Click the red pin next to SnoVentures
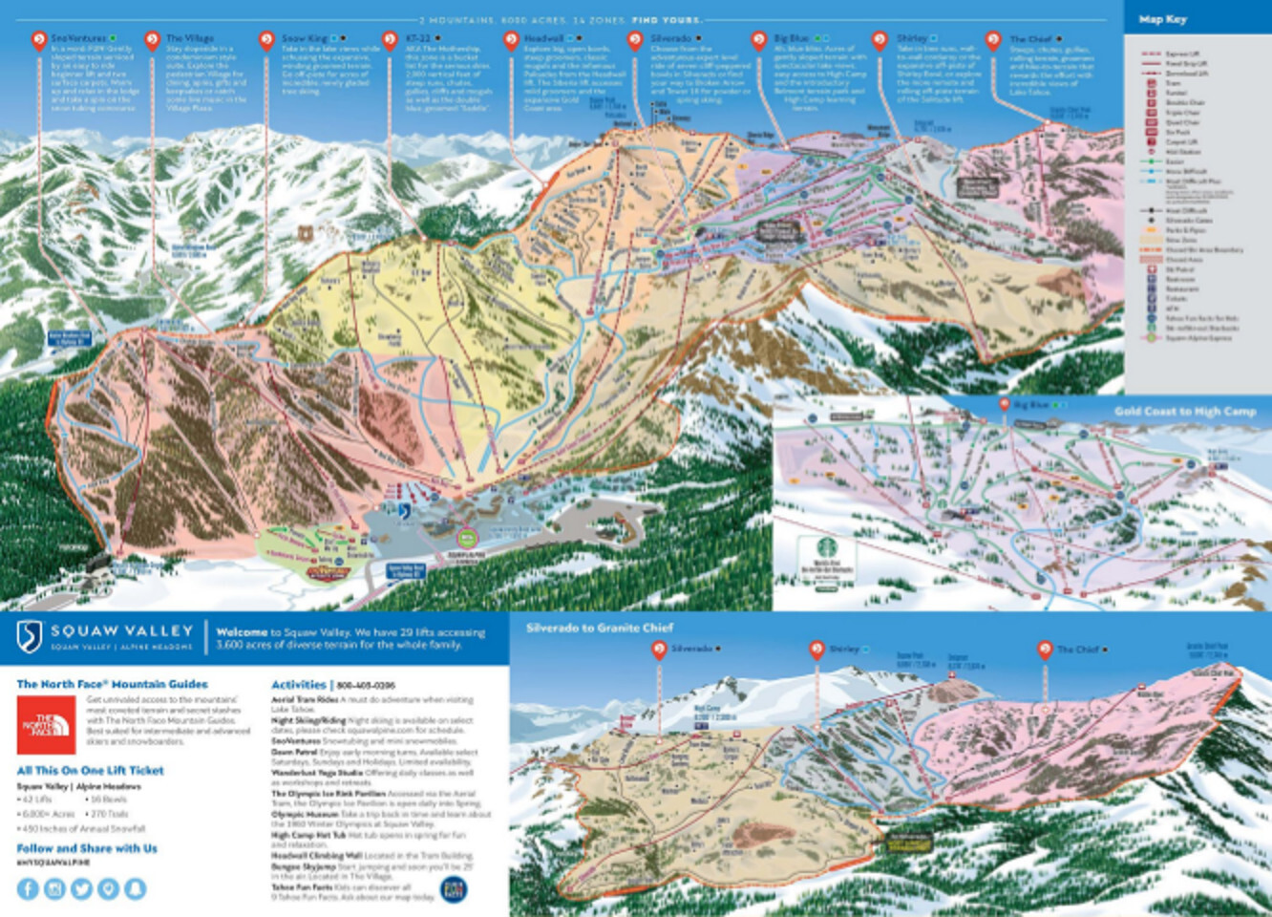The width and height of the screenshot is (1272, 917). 39,40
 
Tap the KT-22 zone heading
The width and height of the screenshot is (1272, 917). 418,39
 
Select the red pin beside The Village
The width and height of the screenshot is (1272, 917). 152,40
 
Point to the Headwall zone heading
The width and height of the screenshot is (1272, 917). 542,39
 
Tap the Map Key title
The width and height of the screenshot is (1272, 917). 1162,19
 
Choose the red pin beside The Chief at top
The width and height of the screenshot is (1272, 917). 992,40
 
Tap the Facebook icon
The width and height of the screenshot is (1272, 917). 28,888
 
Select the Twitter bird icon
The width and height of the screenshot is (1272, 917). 82,888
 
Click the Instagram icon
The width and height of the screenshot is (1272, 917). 54,888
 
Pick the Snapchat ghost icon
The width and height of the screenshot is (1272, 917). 136,888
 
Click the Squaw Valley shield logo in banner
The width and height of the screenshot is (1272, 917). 31,634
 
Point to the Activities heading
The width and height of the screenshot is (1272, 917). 299,685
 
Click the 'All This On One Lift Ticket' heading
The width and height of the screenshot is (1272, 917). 90,770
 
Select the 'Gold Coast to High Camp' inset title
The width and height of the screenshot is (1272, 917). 1184,412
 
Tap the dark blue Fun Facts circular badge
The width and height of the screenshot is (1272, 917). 454,889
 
